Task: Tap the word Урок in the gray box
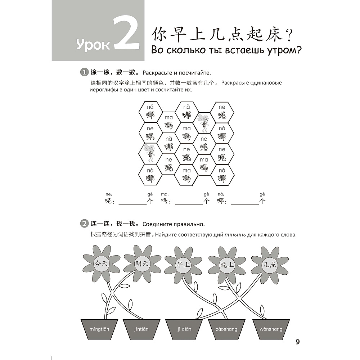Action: [x=93, y=45]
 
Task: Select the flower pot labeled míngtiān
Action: [x=99, y=330]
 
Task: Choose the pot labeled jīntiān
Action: [x=141, y=330]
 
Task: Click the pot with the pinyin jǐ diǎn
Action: [x=184, y=330]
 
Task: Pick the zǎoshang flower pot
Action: [x=226, y=330]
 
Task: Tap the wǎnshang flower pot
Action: [x=271, y=330]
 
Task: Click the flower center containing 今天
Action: [x=101, y=264]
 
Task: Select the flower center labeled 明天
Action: [x=142, y=263]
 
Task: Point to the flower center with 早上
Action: [x=183, y=265]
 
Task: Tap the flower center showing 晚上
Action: [x=226, y=265]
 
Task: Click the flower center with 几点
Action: [x=270, y=265]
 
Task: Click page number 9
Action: [x=298, y=342]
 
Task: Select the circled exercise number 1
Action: [x=84, y=72]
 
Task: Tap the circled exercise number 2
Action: [x=84, y=224]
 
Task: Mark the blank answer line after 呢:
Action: [x=132, y=204]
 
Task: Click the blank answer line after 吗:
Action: [x=189, y=204]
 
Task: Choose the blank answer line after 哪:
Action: [x=245, y=204]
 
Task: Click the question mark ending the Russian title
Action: [x=298, y=50]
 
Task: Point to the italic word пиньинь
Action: [x=235, y=235]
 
